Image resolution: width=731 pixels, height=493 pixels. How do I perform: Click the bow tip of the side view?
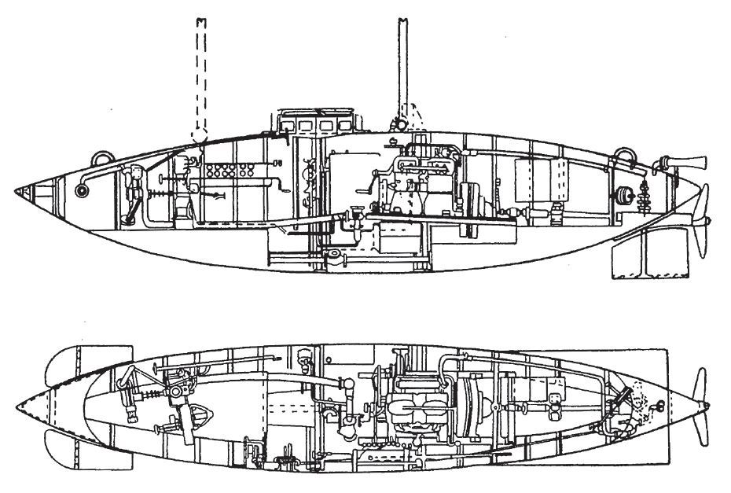tap(18, 192)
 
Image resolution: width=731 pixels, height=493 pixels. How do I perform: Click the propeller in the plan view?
tap(699, 403)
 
